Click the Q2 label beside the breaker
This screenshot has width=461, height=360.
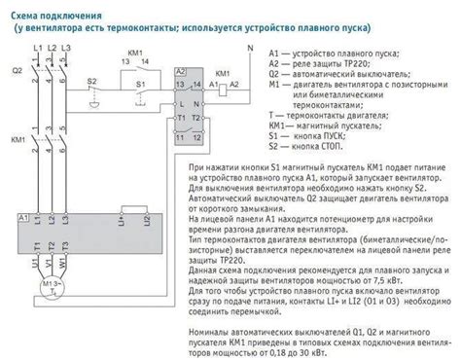[15, 71]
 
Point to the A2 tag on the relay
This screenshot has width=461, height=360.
[181, 72]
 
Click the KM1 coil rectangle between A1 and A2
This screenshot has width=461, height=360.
[222, 90]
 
